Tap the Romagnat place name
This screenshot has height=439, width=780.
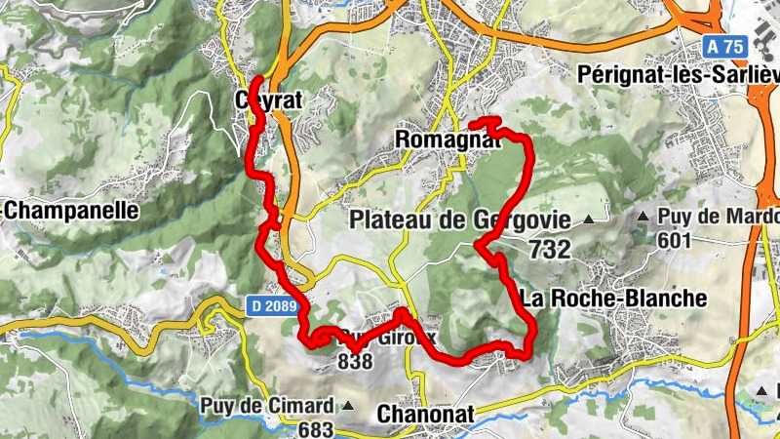click(x=448, y=140)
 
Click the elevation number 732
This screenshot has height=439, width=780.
click(x=550, y=250)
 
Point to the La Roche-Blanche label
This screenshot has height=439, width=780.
click(x=613, y=299)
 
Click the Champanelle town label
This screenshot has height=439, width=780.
click(x=70, y=211)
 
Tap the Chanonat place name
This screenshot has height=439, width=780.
click(x=425, y=415)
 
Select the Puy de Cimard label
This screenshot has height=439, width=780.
click(x=267, y=406)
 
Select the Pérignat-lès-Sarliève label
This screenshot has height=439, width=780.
click(x=677, y=74)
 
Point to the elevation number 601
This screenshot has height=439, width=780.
click(x=673, y=240)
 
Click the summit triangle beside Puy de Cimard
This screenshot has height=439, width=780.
click(x=348, y=406)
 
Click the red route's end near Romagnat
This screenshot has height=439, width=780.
click(x=473, y=125)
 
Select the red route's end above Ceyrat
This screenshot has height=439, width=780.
click(x=257, y=80)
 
